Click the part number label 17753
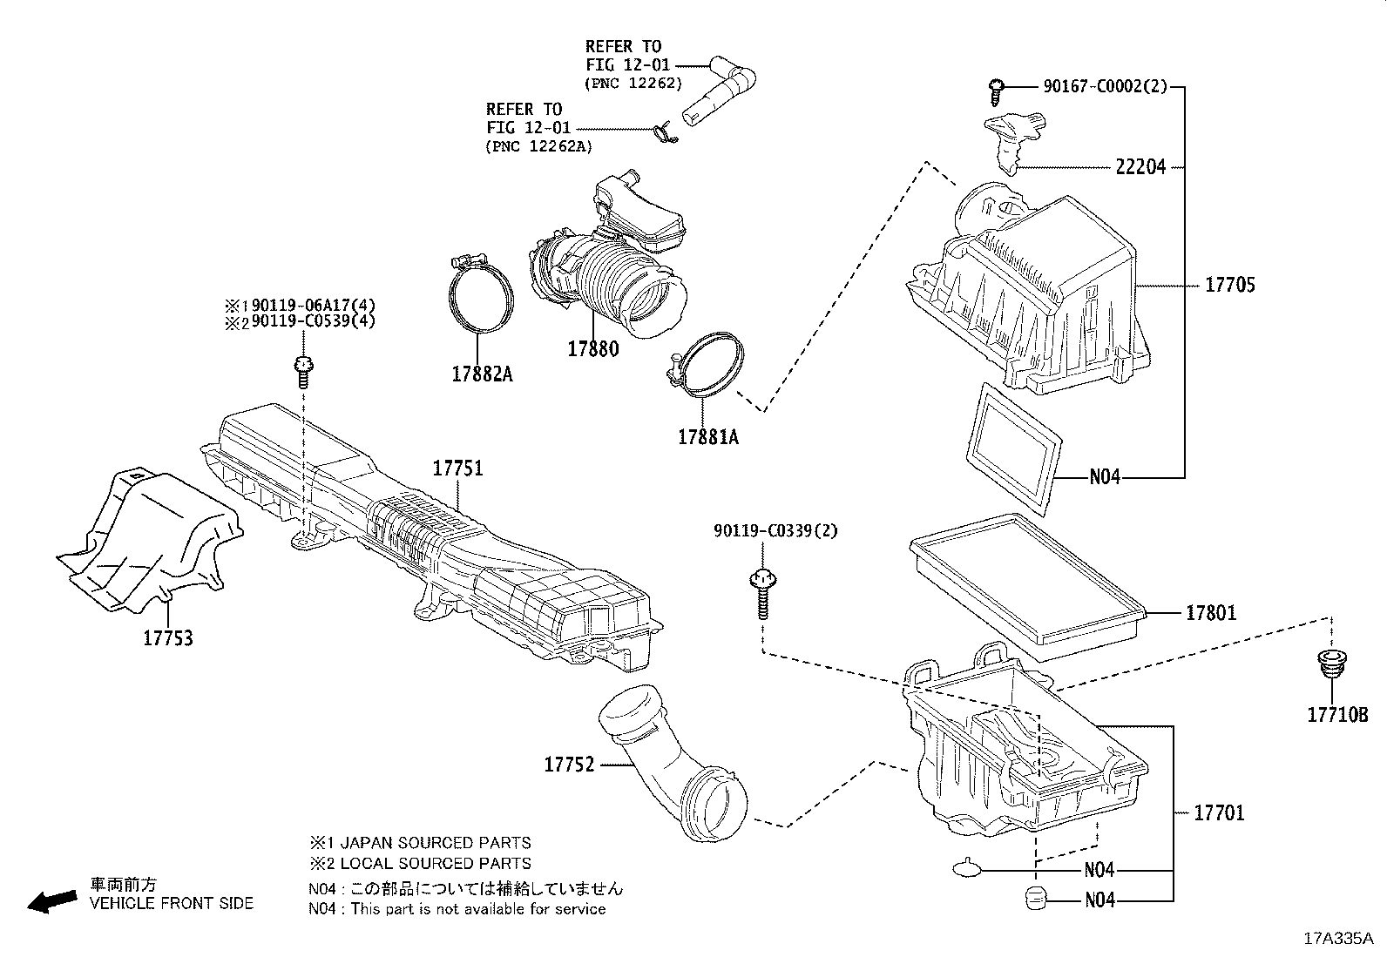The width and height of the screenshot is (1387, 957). point(167,639)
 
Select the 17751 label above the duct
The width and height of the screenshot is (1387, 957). point(457,469)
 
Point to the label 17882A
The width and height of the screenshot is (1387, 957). point(482,375)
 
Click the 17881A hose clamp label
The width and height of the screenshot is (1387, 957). point(707,438)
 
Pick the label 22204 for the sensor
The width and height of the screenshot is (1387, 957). point(1140,167)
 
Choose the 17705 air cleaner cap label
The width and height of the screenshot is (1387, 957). point(1230,286)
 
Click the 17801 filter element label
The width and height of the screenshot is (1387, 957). point(1210,614)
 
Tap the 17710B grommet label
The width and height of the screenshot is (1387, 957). point(1337,716)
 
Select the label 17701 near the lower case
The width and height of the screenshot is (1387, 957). point(1219,813)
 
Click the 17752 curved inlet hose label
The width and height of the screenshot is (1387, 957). point(569,765)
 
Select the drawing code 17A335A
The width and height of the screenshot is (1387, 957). point(1338,940)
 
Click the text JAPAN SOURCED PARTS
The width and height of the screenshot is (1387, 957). point(433,843)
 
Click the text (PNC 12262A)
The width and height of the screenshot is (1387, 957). point(538,146)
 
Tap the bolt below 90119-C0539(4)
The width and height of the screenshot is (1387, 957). point(302,372)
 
